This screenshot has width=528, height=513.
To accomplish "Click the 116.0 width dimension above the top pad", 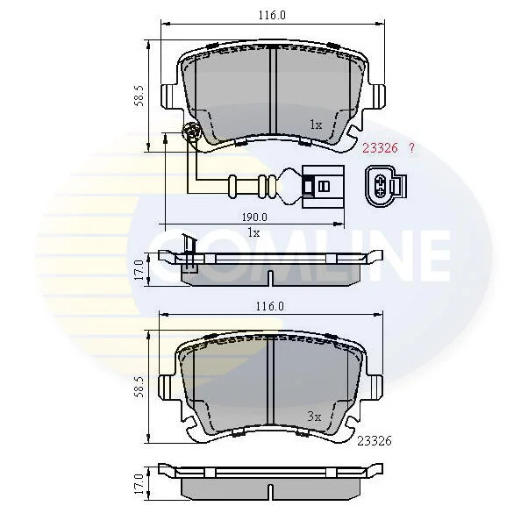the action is (x=272, y=15).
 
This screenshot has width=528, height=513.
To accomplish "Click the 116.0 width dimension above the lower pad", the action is (x=270, y=306).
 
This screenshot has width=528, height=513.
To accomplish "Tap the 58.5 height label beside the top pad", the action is (x=139, y=96).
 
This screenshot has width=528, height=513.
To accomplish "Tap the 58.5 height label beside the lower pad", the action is (x=139, y=387).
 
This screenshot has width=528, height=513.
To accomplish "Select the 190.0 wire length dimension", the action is (x=254, y=217).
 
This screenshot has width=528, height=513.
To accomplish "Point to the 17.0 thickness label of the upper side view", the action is (x=139, y=270).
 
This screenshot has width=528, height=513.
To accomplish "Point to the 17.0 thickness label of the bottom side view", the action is (x=139, y=484).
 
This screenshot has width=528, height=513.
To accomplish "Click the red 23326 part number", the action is (x=380, y=148).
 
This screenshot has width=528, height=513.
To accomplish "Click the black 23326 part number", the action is (x=375, y=440).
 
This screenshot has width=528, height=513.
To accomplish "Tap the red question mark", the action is (x=411, y=148).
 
